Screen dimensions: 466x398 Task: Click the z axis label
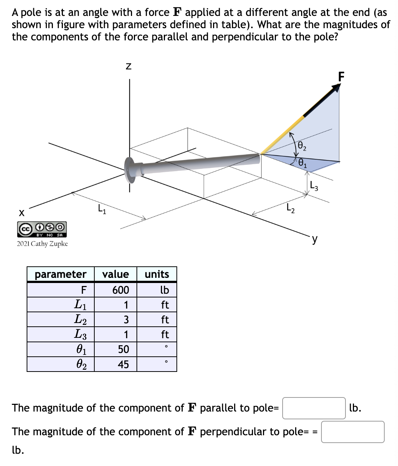pos(128,67)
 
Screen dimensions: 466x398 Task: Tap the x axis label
pos(21,213)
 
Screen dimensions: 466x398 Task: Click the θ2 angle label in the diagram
pos(302,146)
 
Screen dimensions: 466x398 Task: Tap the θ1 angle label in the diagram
pos(302,163)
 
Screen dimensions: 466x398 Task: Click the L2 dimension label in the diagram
pos(291,209)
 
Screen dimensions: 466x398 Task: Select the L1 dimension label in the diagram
pos(102,210)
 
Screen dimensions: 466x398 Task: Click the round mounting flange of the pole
pos(130,170)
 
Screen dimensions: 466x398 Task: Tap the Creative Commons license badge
pos(42,229)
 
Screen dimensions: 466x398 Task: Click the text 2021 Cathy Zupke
pos(42,244)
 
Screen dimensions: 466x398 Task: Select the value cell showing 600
pos(121,290)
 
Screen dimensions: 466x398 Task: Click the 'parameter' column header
pos(61,274)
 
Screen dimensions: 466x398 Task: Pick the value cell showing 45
pos(123,365)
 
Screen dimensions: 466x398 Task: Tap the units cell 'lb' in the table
pos(164,290)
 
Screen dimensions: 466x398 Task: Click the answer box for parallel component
pos(314,408)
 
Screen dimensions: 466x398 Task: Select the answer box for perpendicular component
pos(353,432)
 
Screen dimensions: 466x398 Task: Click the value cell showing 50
pos(123,349)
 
